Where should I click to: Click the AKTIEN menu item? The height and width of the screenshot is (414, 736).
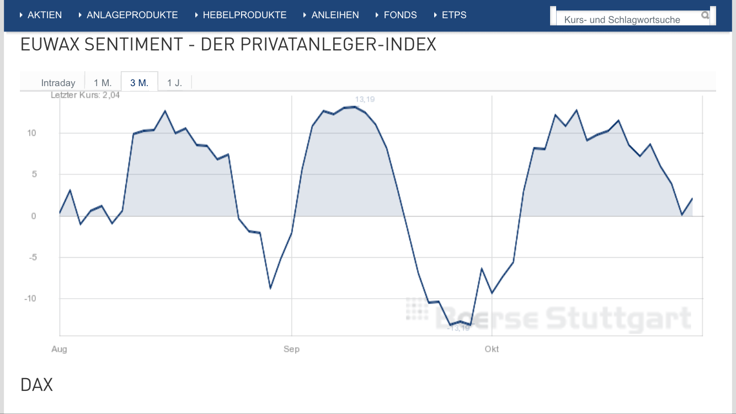(44, 15)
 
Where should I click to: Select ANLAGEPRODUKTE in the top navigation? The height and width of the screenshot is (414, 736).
(132, 15)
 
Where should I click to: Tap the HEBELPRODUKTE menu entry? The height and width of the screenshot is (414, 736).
(244, 15)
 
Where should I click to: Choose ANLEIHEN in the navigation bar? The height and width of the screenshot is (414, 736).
(335, 15)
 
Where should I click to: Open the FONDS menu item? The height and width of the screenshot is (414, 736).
(400, 15)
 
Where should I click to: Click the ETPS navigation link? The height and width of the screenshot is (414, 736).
(454, 15)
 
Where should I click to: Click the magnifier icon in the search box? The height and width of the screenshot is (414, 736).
(705, 15)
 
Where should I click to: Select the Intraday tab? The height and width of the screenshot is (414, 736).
(58, 83)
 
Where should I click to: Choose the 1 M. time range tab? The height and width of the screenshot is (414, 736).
(103, 83)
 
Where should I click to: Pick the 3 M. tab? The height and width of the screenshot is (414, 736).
(140, 83)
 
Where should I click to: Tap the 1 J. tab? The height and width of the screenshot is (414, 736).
(174, 83)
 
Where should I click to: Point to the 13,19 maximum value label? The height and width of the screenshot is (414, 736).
(365, 99)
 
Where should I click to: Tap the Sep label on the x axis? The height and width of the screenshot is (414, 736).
(291, 349)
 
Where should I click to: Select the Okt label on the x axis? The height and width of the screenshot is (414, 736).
(492, 349)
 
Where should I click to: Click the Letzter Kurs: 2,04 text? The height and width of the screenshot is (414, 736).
(85, 95)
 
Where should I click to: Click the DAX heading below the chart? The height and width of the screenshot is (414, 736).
(36, 385)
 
